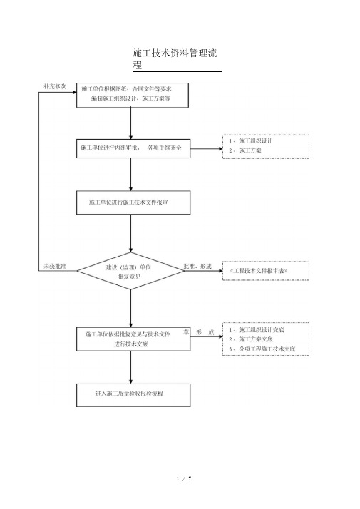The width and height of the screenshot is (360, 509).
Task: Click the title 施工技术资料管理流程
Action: (x=175, y=58)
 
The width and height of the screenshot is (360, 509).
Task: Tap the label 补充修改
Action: (x=55, y=86)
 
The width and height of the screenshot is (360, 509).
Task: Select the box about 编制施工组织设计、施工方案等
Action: (x=133, y=95)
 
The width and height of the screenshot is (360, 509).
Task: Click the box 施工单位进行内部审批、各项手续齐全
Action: (x=133, y=149)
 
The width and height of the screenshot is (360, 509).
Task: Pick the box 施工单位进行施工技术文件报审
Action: (x=133, y=202)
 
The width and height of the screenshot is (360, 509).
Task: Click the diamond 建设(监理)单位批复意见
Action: (x=131, y=271)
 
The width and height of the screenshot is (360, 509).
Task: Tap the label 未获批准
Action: (x=55, y=266)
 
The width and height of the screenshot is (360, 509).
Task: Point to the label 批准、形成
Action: (x=197, y=266)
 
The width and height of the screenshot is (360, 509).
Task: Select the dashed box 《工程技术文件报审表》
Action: (x=266, y=271)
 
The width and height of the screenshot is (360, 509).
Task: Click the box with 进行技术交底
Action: (x=133, y=339)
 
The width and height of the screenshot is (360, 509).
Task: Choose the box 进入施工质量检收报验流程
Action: (x=133, y=395)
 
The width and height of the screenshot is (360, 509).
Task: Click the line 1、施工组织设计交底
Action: (x=257, y=330)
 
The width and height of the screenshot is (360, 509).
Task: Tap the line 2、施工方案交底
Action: (x=251, y=339)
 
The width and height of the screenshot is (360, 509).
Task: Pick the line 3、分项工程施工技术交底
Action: (x=262, y=349)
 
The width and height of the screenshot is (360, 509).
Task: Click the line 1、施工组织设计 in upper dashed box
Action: (x=251, y=141)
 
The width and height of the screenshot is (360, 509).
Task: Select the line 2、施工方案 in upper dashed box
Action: (x=245, y=150)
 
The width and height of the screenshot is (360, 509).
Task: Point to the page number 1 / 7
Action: (x=184, y=478)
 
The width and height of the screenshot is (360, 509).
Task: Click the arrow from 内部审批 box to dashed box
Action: (x=207, y=149)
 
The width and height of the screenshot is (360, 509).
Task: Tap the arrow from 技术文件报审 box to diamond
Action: (x=131, y=233)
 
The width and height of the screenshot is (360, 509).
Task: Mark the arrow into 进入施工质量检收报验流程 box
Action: (x=131, y=367)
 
